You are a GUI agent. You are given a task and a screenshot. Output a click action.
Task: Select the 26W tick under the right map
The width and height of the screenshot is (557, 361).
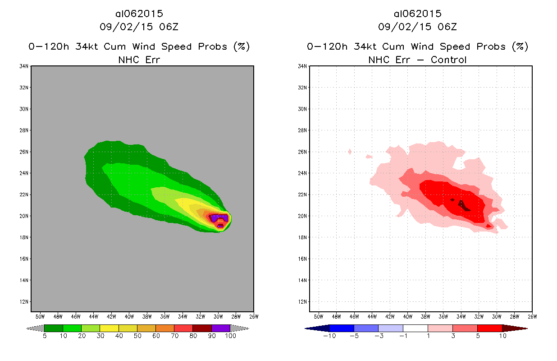coord(532,316)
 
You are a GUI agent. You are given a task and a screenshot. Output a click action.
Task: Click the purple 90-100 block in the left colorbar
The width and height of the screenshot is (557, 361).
coord(221,328)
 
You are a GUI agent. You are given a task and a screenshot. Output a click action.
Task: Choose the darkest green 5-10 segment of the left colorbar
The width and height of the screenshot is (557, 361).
coord(54,328)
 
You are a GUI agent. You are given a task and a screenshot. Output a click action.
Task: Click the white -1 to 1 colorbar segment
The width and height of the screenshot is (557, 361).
coord(415,328)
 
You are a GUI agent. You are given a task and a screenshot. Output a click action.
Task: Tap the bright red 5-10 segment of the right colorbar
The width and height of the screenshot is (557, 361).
coord(489,328)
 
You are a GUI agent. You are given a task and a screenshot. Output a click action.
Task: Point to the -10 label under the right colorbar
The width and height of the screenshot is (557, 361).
coord(329,336)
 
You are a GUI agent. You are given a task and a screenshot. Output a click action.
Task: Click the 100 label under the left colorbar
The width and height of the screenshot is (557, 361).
coord(230,336)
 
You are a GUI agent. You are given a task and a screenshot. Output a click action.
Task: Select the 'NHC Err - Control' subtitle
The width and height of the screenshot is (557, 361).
coord(417,60)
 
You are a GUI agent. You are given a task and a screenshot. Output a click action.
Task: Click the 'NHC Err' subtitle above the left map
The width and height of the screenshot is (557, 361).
coord(139,60)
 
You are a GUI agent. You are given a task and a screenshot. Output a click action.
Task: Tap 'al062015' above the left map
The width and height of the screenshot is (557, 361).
coord(139,14)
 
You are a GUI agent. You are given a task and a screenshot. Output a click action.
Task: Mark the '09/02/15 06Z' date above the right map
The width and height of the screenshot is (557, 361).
coord(417,27)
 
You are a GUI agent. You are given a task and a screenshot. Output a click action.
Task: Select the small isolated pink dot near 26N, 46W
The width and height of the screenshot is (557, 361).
coord(350,152)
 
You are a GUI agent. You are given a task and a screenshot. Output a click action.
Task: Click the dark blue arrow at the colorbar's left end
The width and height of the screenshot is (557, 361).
coord(311,328)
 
